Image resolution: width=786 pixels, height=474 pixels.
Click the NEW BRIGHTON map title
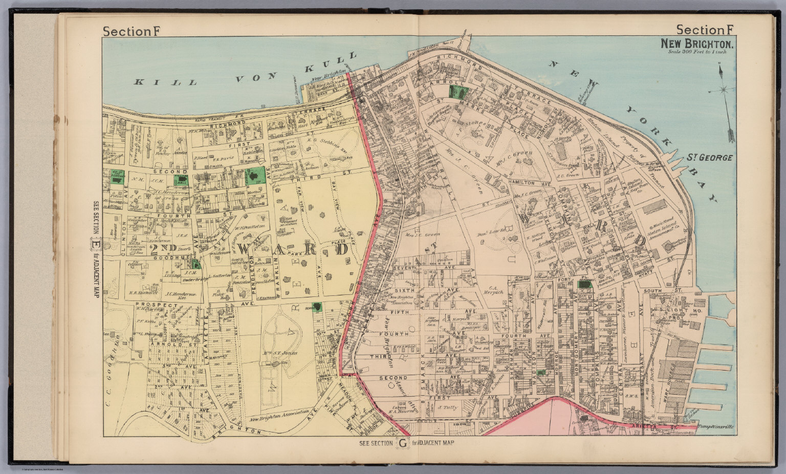click(698, 44)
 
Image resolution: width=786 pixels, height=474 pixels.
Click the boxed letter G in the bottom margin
click(403, 443)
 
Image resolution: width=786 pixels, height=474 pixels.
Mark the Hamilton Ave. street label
click(525, 183)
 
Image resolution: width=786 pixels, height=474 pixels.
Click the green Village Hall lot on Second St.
click(181, 180)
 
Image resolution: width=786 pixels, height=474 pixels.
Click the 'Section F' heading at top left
click(132, 31)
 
